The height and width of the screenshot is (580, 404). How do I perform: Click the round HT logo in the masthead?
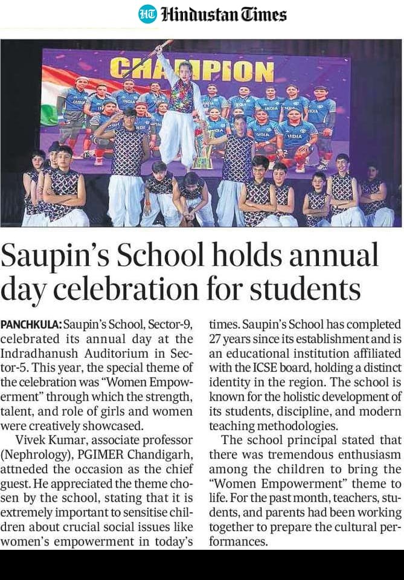tap(147, 14)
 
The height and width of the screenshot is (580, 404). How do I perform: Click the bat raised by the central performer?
tap(159, 49)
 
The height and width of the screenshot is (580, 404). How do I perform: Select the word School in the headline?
tap(160, 256)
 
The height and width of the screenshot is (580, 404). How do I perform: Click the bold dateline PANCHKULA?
tap(31, 325)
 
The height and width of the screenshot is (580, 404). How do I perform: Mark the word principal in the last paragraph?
tap(309, 440)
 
